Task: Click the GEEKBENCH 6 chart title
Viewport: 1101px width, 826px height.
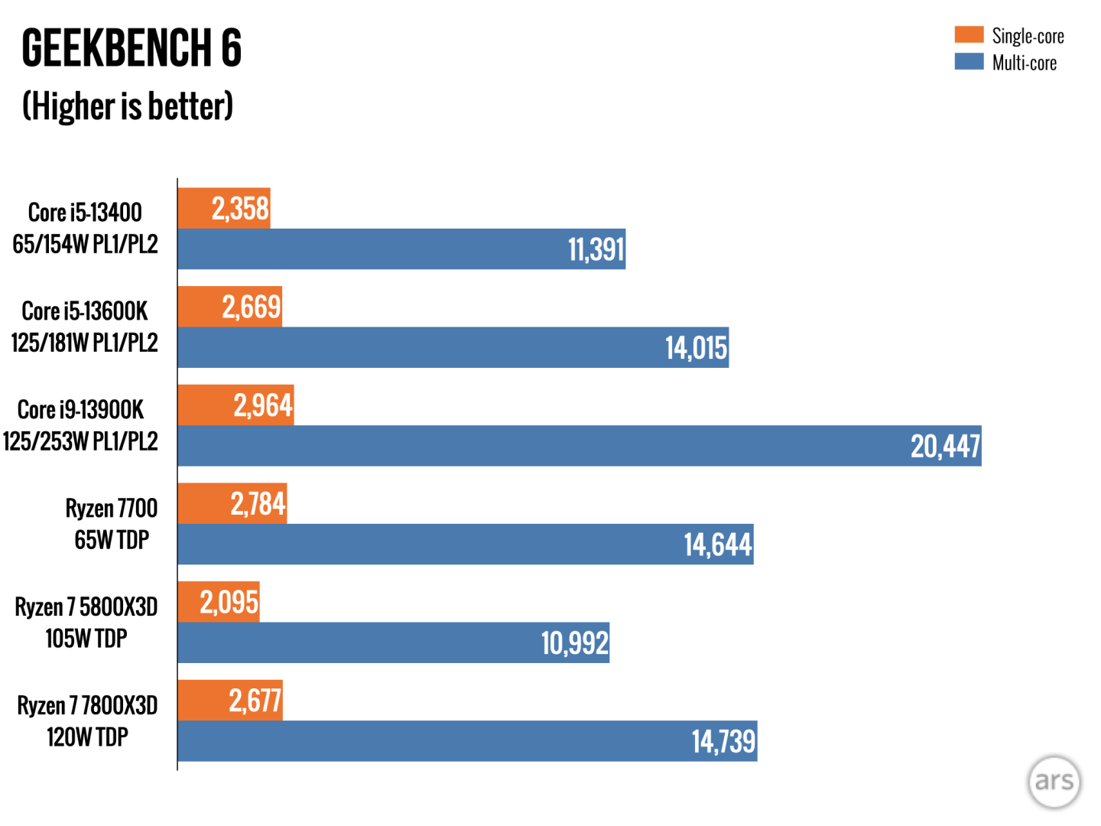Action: coord(132,48)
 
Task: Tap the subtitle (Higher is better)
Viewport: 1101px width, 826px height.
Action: coord(128,106)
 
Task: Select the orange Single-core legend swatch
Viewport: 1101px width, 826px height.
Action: coord(969,34)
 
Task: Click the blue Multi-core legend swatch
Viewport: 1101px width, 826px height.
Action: coord(969,61)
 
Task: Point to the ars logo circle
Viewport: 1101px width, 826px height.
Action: coord(1054,781)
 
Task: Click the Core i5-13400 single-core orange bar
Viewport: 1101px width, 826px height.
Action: coord(223,208)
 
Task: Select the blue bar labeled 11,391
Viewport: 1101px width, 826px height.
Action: coord(401,249)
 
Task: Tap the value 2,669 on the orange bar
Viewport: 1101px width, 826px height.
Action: coord(252,307)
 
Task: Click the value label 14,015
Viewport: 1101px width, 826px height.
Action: coord(696,348)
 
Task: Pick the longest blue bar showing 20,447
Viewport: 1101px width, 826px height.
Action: coord(579,446)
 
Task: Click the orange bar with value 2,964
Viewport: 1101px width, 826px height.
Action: coord(235,405)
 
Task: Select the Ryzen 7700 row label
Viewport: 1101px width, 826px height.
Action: coord(112,523)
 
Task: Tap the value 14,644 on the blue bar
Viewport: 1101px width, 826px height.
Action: coord(717,545)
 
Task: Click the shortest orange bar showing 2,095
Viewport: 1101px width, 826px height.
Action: coord(218,602)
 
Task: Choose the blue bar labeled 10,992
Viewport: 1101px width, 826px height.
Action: coord(393,642)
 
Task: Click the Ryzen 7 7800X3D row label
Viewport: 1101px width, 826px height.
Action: coord(87,720)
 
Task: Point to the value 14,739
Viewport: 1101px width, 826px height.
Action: coord(723,741)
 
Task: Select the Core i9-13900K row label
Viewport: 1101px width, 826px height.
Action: coord(80,425)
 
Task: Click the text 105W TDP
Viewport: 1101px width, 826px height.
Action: coord(86,638)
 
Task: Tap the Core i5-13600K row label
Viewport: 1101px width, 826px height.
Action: coord(84,327)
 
